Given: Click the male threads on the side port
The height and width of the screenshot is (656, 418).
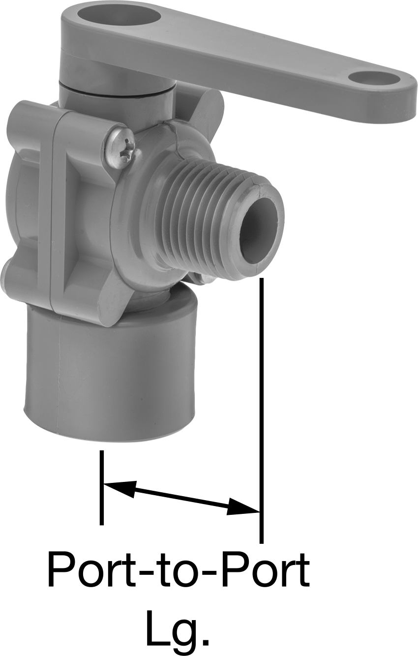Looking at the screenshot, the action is pos(205,220).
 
